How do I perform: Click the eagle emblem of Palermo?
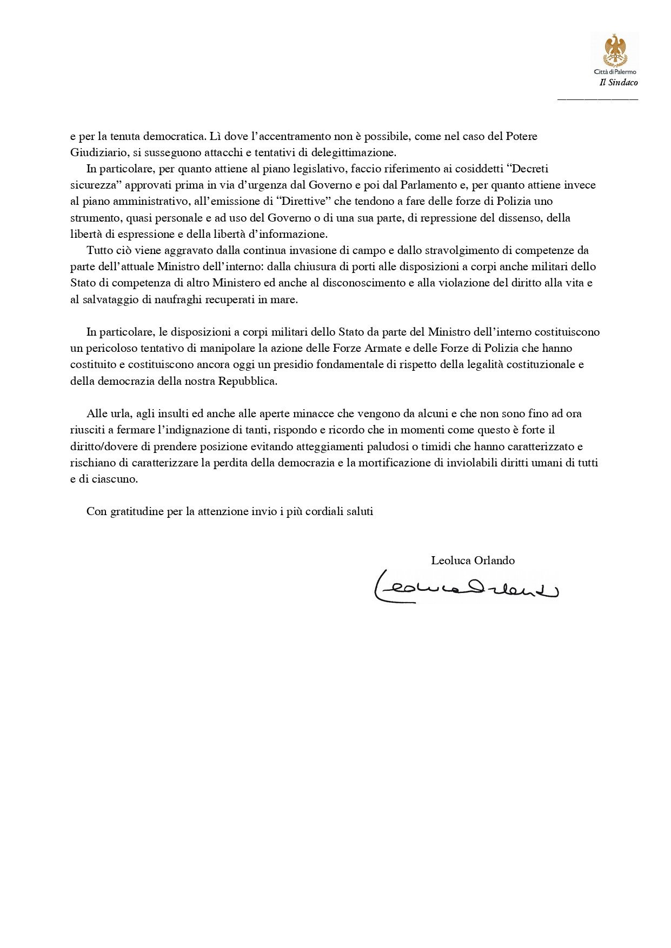point(615,50)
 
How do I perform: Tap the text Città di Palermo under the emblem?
point(615,72)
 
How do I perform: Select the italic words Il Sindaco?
point(619,83)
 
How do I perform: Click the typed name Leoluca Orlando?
point(473,560)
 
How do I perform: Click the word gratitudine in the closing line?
point(138,512)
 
